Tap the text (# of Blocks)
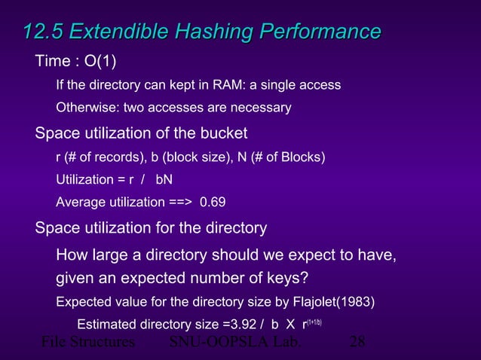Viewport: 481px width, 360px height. [287, 157]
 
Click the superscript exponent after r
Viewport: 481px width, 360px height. [313, 322]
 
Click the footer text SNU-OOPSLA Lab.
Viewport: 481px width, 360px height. [235, 343]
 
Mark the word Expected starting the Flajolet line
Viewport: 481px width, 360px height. [84, 303]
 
